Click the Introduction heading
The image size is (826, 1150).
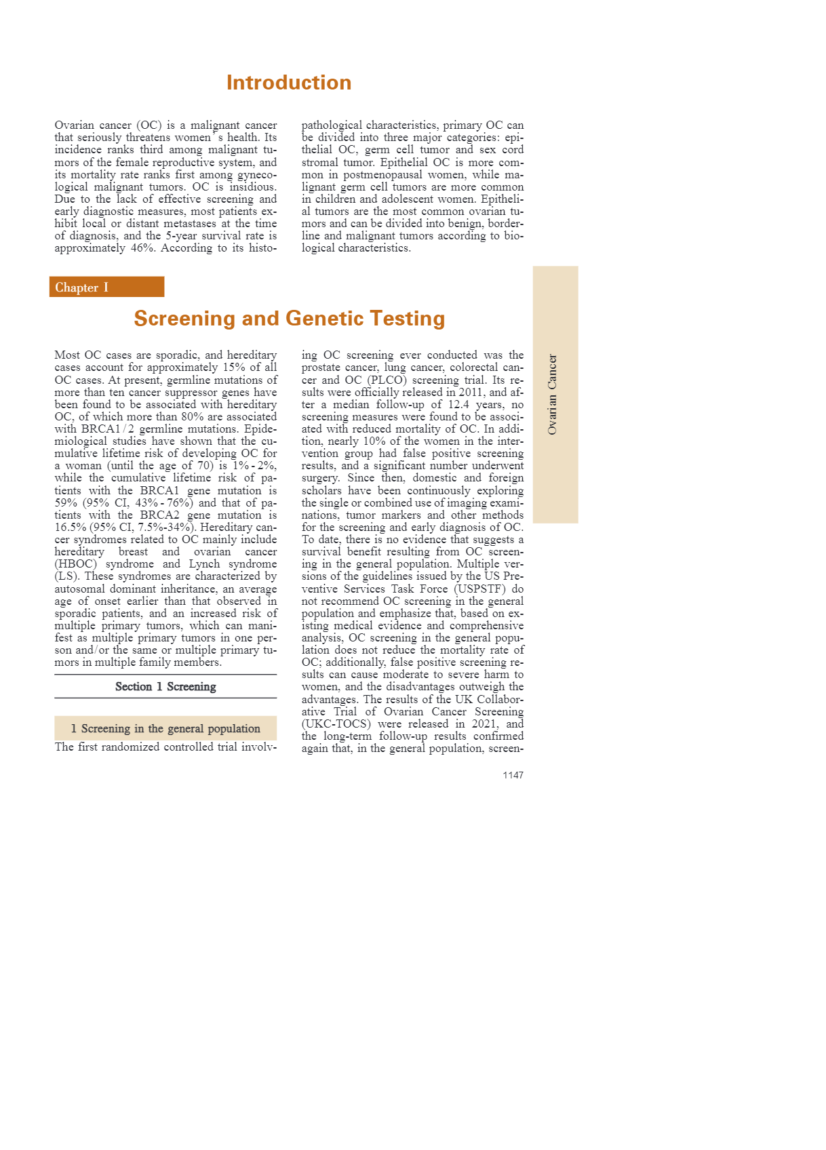tap(289, 83)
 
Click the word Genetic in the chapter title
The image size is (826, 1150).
tap(323, 318)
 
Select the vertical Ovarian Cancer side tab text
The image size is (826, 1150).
tap(552, 394)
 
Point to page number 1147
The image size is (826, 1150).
tap(513, 775)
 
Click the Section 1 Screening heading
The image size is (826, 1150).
tap(165, 686)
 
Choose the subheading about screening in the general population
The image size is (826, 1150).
tap(165, 728)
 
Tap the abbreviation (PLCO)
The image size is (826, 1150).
tap(387, 380)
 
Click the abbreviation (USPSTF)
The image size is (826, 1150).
tap(480, 589)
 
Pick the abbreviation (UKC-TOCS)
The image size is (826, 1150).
tap(336, 723)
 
